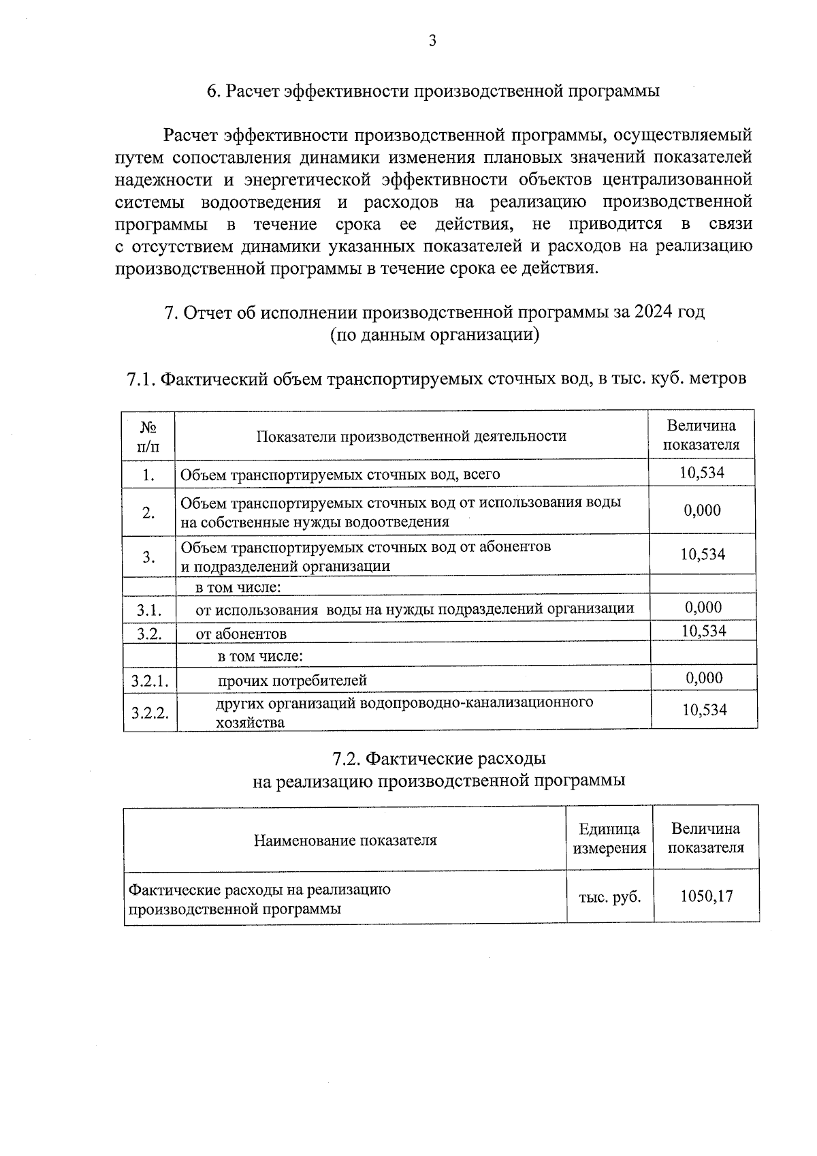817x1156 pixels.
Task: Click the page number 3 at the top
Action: (432, 41)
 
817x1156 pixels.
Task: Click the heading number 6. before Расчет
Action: (213, 91)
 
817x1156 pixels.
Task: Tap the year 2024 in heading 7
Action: (652, 312)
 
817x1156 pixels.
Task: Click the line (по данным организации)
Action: (434, 334)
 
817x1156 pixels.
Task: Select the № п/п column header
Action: (148, 436)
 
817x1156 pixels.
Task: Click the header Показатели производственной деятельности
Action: (411, 436)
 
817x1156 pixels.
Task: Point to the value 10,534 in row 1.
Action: (702, 472)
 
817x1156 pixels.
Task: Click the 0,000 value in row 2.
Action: (702, 510)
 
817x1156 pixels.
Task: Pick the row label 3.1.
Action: (148, 610)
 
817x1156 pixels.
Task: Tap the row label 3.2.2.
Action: (150, 713)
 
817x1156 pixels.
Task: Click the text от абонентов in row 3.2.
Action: (241, 634)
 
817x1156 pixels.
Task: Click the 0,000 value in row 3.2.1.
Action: (704, 678)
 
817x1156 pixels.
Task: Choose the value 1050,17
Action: (707, 896)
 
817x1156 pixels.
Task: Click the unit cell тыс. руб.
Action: (609, 897)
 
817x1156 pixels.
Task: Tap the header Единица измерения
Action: (609, 839)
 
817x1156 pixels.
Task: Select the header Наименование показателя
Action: (345, 840)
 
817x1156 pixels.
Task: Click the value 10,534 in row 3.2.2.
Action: (705, 710)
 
